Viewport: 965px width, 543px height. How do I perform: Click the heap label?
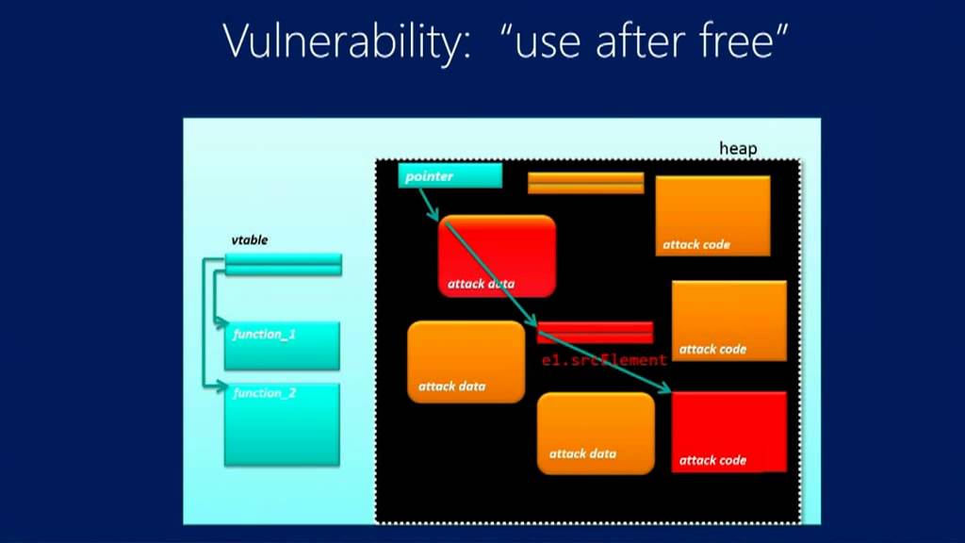[738, 149]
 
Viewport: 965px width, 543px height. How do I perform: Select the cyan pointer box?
[450, 176]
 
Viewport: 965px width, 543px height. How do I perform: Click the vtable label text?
[250, 240]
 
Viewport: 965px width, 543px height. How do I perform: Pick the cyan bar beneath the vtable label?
[283, 264]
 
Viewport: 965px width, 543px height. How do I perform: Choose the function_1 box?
[282, 345]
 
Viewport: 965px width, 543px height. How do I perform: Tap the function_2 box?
[282, 423]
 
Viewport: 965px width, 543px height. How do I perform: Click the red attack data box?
[497, 255]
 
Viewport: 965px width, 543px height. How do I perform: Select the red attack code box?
[728, 431]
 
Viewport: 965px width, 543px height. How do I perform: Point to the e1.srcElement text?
[603, 360]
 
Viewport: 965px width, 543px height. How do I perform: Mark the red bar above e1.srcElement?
[595, 332]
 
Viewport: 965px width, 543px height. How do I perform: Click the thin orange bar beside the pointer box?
[585, 183]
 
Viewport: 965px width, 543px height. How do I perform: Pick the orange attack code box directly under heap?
[712, 216]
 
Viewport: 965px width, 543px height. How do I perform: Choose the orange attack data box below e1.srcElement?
[595, 433]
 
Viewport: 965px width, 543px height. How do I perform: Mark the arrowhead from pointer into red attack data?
[435, 218]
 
